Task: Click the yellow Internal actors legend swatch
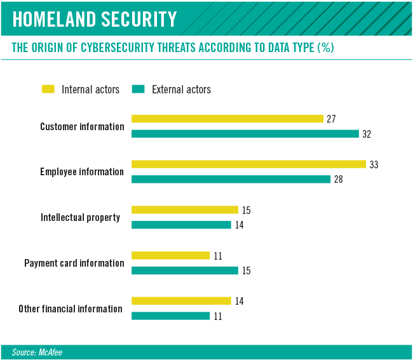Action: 49,90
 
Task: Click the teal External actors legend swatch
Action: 138,90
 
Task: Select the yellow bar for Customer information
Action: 227,119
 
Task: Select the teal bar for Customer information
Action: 245,134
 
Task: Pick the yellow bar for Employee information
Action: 248,164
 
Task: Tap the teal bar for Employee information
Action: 231,179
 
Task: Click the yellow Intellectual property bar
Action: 184,210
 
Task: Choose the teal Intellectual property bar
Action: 181,225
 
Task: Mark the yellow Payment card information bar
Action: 170,255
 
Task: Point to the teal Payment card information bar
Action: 184,270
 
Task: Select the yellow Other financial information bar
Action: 181,301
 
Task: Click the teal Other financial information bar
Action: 170,316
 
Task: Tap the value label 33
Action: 374,164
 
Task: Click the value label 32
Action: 367,134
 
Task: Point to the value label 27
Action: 331,119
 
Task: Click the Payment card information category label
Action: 74,263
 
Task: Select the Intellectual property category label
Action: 80,217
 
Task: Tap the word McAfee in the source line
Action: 51,352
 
